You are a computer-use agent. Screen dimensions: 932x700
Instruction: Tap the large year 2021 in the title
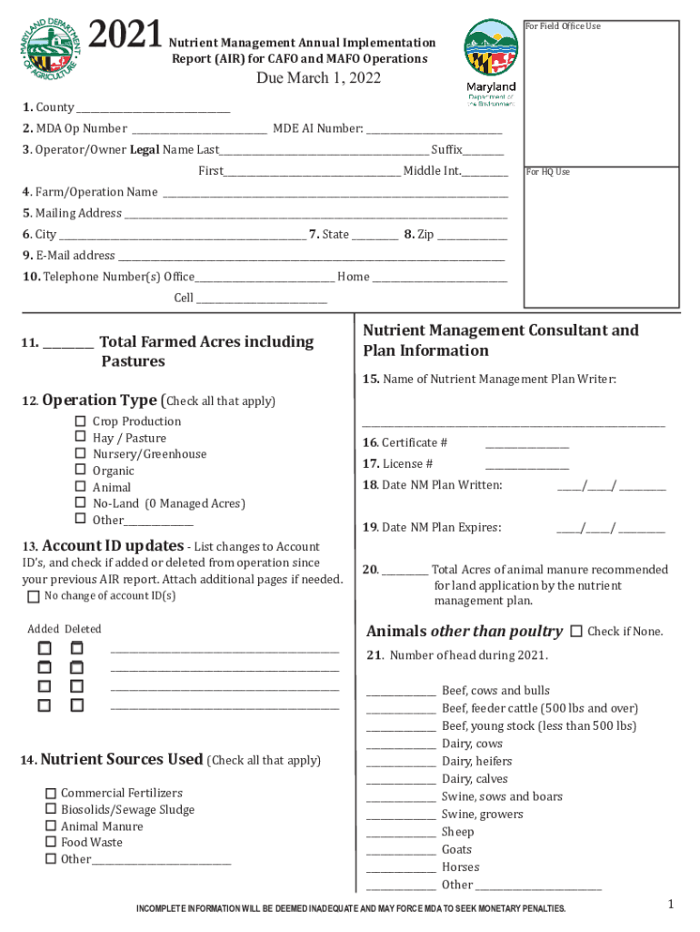point(126,35)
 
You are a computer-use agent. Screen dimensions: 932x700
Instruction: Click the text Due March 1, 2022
point(318,78)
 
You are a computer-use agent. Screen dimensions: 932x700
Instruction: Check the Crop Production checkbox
point(80,421)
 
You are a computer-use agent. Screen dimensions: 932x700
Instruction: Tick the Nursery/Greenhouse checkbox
point(80,454)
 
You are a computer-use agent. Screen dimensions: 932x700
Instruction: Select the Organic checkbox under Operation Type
point(80,471)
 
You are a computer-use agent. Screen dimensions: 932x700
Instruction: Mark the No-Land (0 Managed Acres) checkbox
point(80,503)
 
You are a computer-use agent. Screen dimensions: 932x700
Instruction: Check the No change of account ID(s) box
point(34,597)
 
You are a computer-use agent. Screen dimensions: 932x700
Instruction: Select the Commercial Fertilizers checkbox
point(51,794)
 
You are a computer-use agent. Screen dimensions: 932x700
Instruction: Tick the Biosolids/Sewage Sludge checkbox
point(51,810)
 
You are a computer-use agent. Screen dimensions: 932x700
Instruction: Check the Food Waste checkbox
point(51,843)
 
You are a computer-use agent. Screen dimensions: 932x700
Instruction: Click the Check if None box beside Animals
point(576,632)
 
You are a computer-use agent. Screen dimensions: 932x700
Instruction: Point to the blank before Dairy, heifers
point(401,762)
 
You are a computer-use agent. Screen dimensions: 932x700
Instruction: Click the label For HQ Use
point(548,172)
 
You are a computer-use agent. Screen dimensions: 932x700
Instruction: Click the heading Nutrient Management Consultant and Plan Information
point(500,340)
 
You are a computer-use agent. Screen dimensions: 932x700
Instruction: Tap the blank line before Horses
point(401,868)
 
